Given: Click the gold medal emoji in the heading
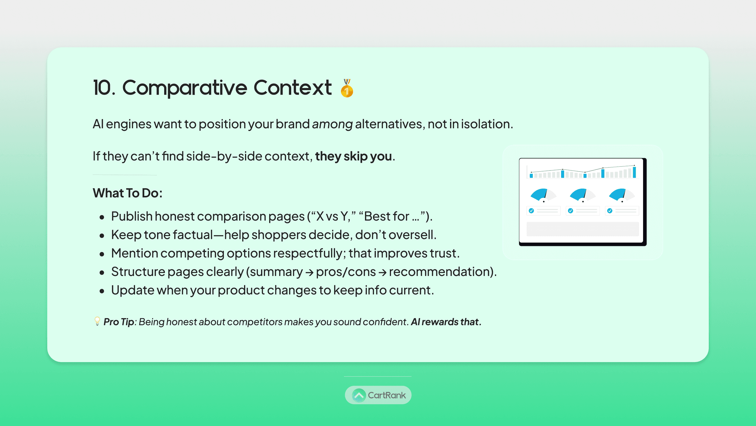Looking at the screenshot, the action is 347,88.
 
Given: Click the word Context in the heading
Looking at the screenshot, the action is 292,88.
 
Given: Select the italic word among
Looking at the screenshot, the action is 332,124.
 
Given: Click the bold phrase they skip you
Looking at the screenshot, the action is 354,156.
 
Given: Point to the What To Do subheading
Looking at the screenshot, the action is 128,193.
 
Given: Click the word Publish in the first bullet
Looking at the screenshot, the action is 132,216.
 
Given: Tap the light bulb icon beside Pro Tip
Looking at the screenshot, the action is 97,321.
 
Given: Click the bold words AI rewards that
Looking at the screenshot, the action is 446,322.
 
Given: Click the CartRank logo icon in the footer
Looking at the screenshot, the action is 358,395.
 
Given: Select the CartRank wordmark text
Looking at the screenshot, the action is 386,395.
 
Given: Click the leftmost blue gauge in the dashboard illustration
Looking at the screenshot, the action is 539,194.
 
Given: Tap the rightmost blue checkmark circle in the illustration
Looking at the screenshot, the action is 610,211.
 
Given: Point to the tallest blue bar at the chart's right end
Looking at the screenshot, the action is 634,172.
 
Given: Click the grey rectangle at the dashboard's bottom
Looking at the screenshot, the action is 583,229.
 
